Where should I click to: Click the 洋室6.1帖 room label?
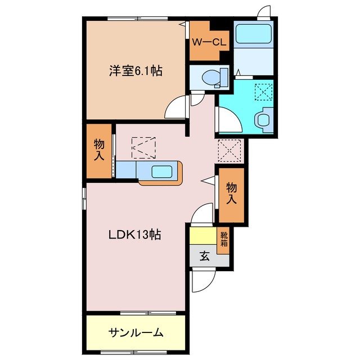pyautogui.click(x=136, y=71)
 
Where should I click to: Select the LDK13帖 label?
pyautogui.click(x=135, y=235)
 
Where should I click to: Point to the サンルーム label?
pyautogui.click(x=136, y=332)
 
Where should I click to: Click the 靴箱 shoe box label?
pyautogui.click(x=224, y=240)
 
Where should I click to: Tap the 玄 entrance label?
pyautogui.click(x=204, y=256)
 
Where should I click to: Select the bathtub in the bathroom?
pyautogui.click(x=253, y=34)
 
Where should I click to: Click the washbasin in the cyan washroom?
pyautogui.click(x=263, y=120)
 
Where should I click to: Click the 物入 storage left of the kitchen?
pyautogui.click(x=99, y=150)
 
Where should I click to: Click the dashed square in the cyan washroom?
pyautogui.click(x=263, y=91)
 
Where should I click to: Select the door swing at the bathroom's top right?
pyautogui.click(x=264, y=12)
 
